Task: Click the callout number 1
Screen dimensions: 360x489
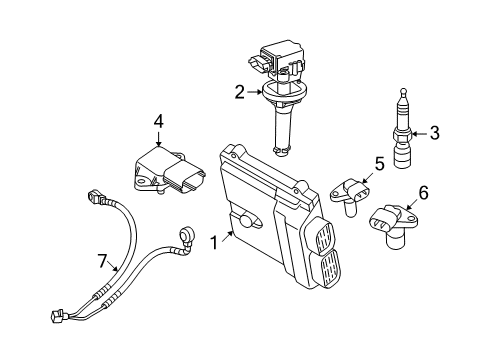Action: tap(214, 242)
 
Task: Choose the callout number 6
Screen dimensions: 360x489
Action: tap(423, 193)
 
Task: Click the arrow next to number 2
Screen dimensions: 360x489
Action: tap(255, 92)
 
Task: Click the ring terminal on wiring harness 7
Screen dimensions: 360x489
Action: tap(186, 236)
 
